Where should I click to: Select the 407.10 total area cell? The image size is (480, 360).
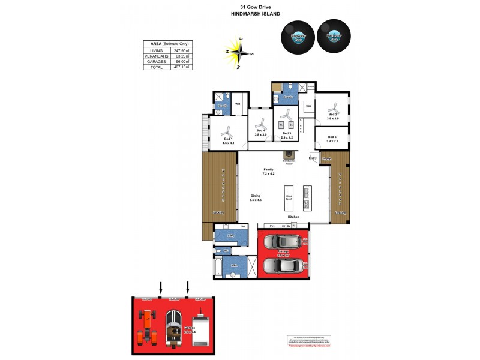(181, 67)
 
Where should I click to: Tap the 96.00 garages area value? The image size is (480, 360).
(181, 62)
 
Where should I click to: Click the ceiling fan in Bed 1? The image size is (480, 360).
(227, 131)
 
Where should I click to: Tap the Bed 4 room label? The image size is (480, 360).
(260, 131)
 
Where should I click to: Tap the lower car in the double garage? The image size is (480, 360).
(282, 265)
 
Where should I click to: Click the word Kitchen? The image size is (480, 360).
(293, 217)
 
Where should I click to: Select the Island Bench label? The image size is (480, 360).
(288, 197)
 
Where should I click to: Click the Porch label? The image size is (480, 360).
(326, 159)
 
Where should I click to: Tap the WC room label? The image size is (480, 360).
(226, 250)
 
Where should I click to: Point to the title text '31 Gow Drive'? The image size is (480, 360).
(239, 7)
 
